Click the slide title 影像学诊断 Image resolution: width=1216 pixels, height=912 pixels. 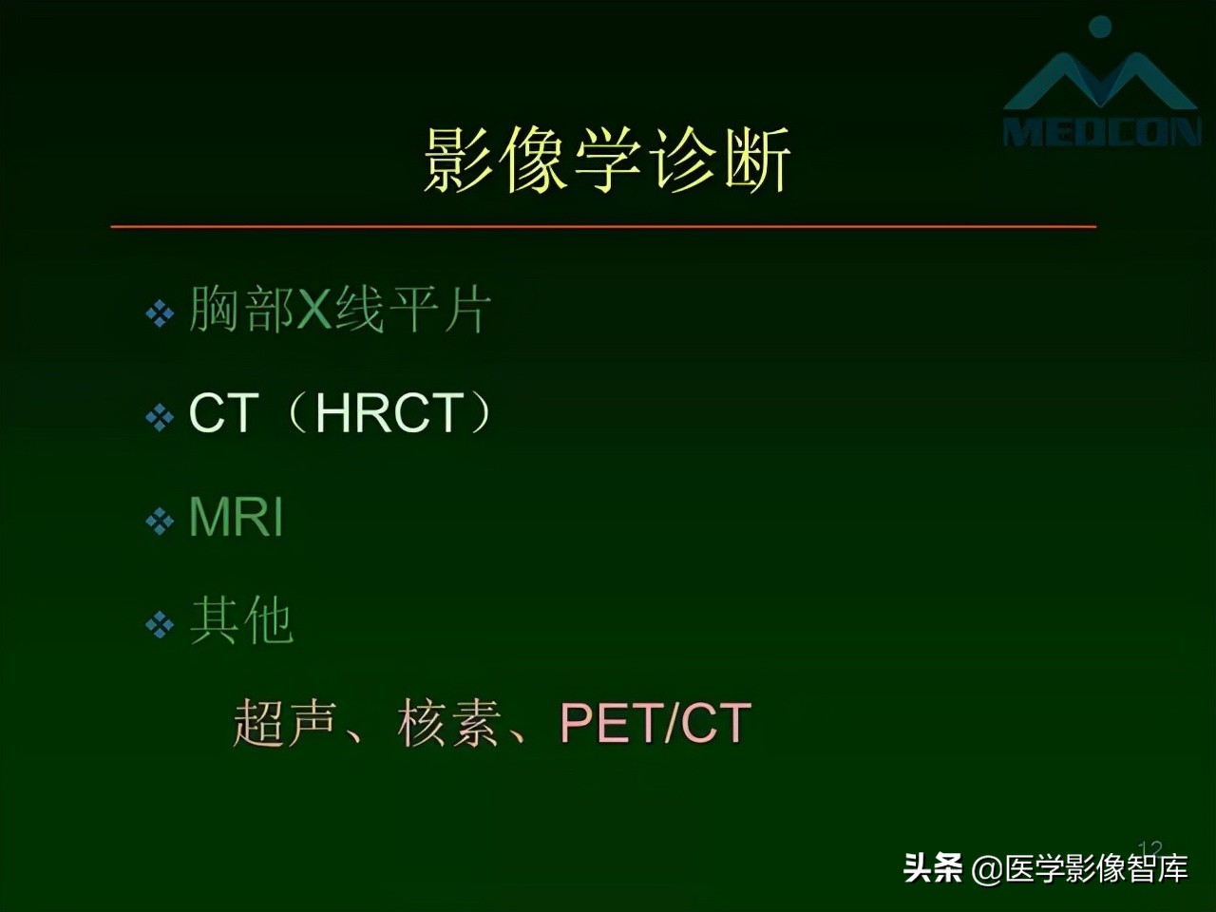(606, 161)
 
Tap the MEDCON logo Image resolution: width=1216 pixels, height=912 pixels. (1102, 90)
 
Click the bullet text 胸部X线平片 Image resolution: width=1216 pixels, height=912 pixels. (339, 310)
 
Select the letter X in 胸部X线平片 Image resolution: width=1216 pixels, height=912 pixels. (313, 310)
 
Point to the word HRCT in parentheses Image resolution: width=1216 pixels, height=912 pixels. (389, 413)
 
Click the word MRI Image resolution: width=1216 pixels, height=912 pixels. (237, 518)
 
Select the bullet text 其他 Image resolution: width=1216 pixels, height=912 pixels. (241, 621)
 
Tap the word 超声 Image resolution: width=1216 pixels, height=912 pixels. (284, 723)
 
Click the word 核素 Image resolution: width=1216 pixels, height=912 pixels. (448, 723)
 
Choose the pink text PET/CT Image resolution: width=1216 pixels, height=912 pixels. (655, 723)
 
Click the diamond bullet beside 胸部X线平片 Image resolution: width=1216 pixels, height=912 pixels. (160, 313)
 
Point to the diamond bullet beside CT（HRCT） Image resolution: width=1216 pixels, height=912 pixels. (160, 417)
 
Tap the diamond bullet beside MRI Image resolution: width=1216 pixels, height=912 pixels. (160, 521)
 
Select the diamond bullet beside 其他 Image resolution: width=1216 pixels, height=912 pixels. (160, 624)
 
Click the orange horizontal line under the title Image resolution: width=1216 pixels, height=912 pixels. (603, 227)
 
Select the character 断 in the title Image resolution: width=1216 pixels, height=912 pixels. (756, 161)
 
